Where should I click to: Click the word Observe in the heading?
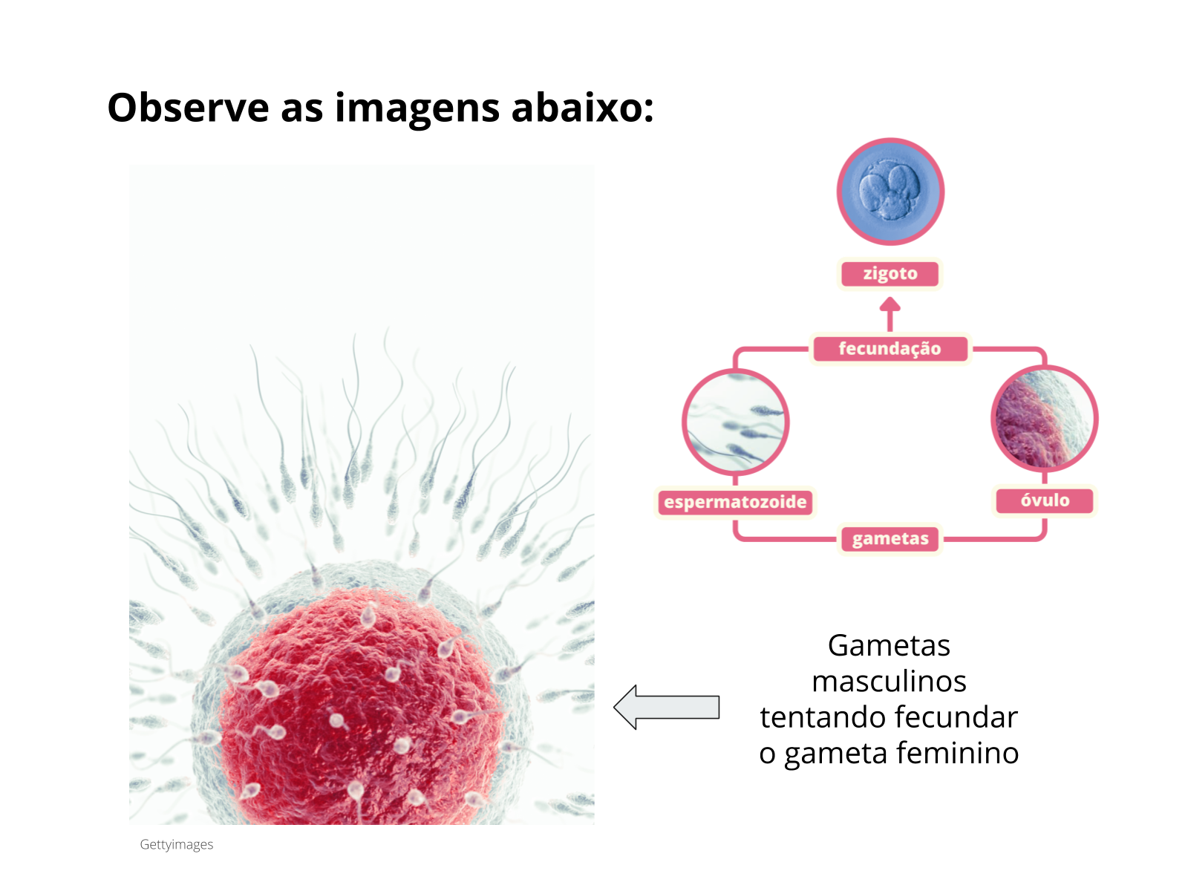point(188,108)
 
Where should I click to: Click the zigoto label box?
point(890,274)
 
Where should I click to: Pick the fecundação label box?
point(890,348)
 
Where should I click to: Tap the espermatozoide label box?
point(735,502)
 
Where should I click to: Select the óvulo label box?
point(1045,500)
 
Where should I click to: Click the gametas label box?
point(890,539)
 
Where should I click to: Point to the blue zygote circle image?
point(890,192)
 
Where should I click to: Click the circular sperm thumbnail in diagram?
point(735,422)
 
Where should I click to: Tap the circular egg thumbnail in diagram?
point(1045,419)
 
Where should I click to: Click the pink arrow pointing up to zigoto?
point(890,314)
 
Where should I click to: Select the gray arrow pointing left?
point(666,707)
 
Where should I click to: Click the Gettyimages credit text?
point(177,844)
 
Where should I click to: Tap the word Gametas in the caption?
point(889,645)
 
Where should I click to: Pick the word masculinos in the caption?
point(890,681)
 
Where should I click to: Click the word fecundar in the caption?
point(956,717)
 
